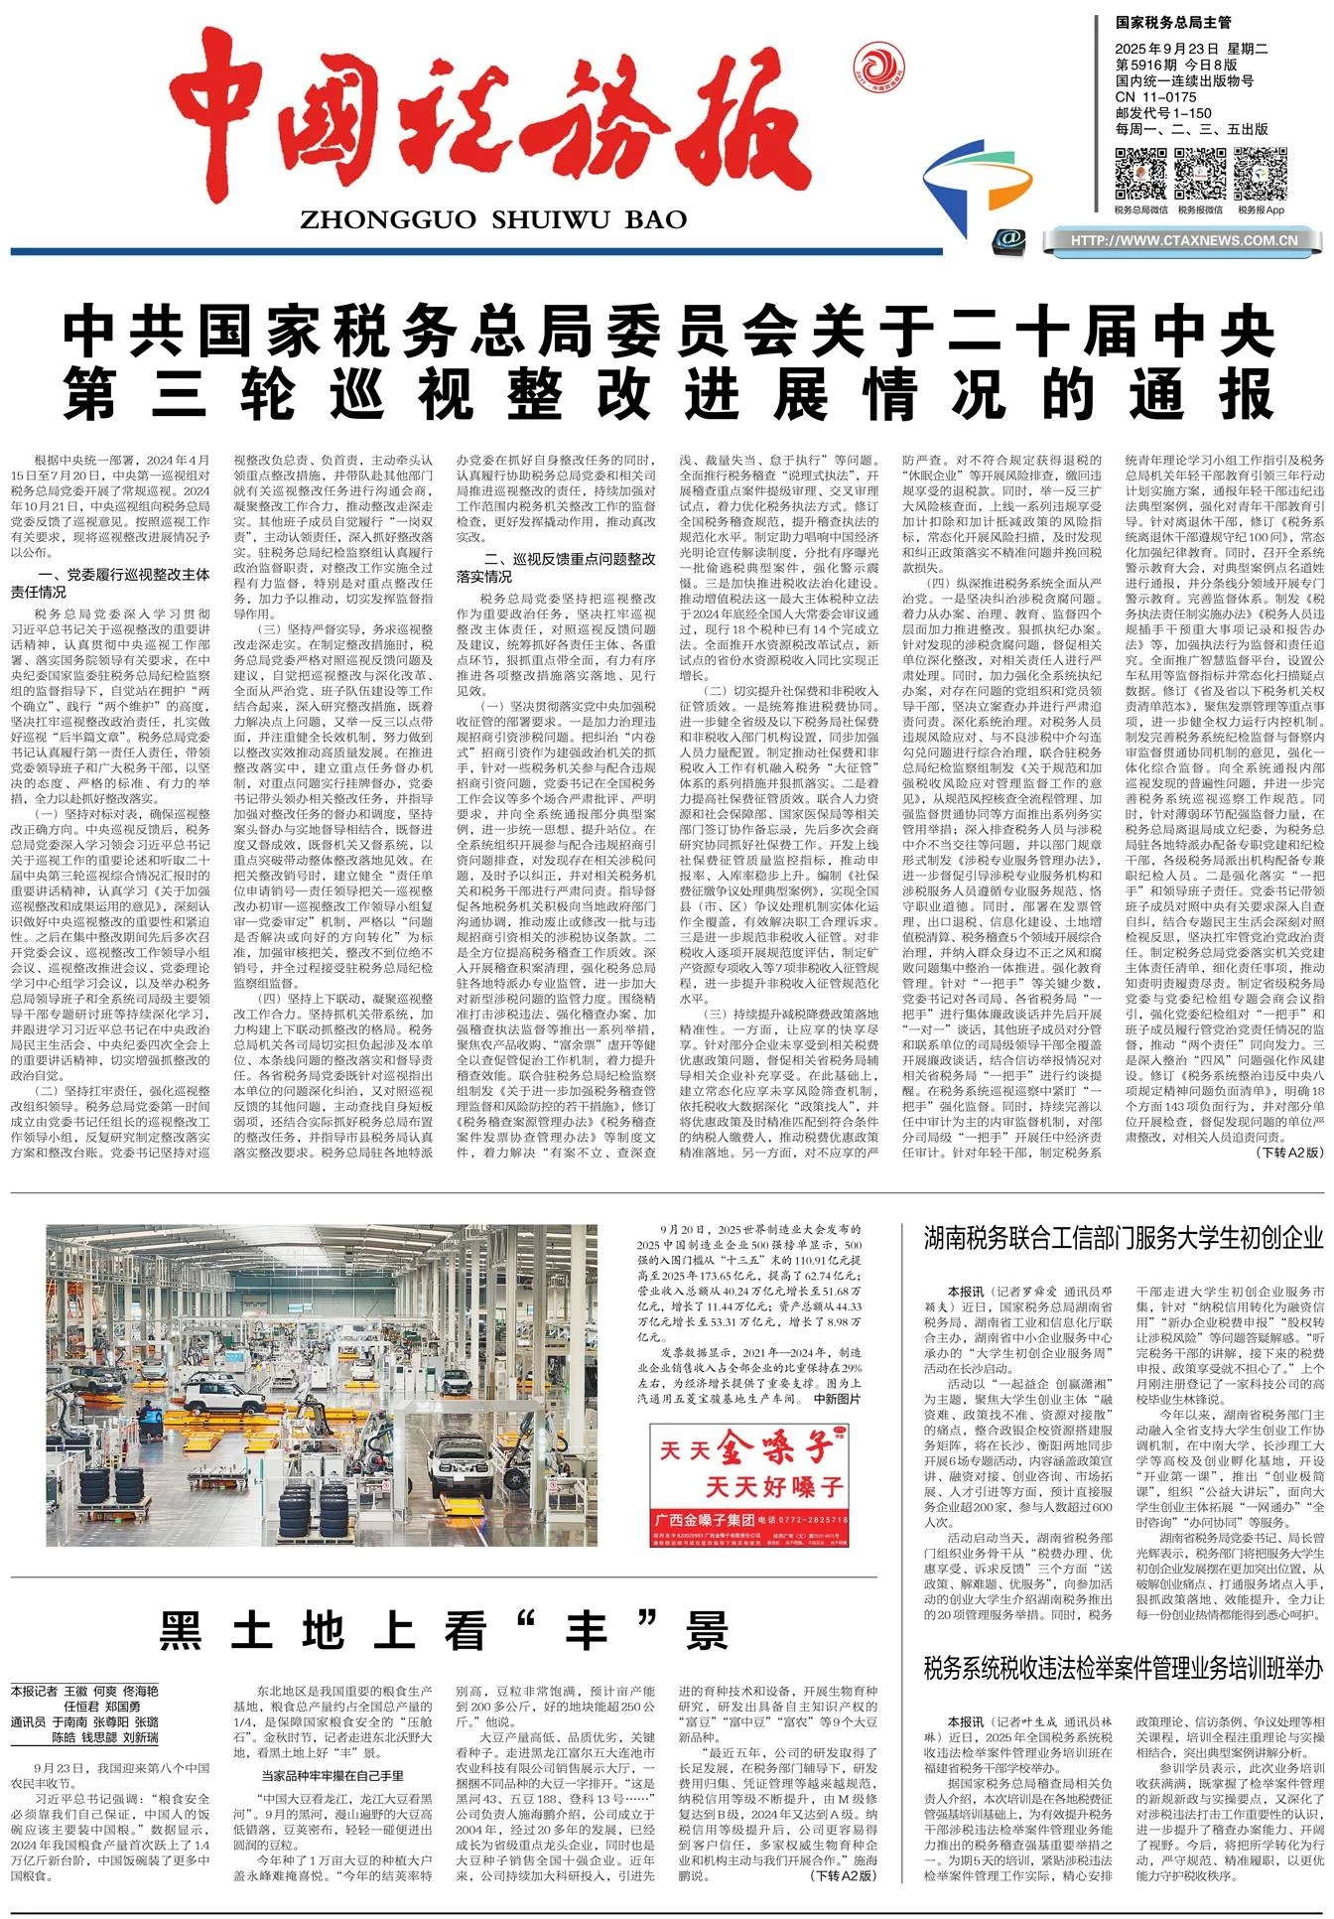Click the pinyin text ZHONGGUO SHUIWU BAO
[x=492, y=219]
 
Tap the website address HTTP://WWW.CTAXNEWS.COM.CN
[x=1184, y=240]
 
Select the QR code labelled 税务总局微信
[x=1140, y=174]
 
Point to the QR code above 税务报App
[x=1261, y=174]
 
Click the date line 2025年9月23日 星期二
[x=1192, y=49]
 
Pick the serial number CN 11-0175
[x=1156, y=97]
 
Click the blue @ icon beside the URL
[x=1011, y=239]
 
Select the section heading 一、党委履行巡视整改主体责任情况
[x=123, y=583]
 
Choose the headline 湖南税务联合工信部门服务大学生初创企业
[x=1124, y=1238]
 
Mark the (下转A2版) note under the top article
[x=1289, y=1153]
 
